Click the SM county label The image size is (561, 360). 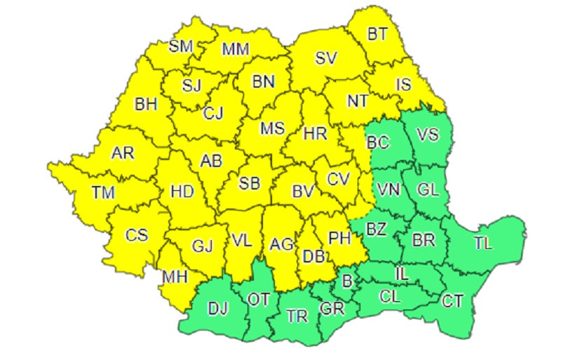(182, 46)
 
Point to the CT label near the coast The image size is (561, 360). (452, 301)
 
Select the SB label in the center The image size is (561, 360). (249, 184)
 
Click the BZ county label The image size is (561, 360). (377, 229)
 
